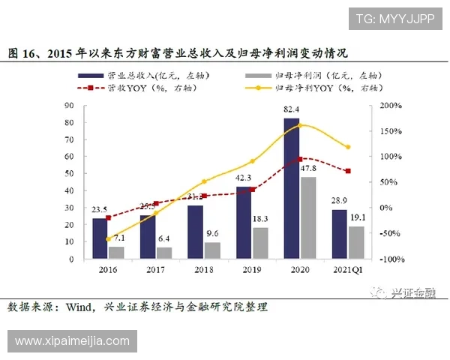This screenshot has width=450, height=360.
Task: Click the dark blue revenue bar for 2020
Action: (292, 187)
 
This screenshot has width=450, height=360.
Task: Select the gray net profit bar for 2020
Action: (307, 217)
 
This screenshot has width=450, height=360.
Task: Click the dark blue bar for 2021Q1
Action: (340, 233)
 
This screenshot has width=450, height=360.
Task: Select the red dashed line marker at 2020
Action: (300, 159)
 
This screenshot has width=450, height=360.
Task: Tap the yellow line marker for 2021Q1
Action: (347, 147)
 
